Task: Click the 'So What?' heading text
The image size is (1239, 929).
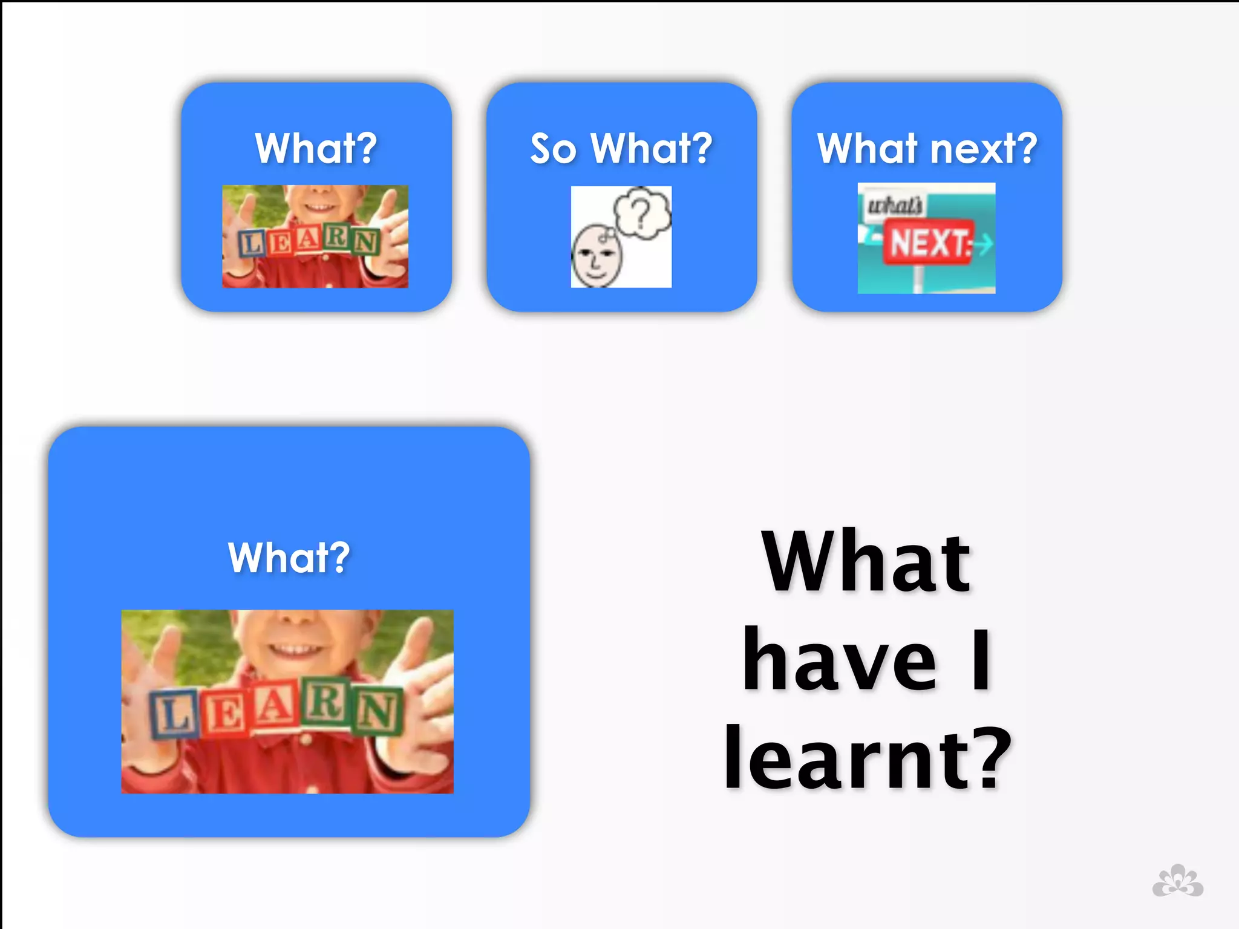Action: (621, 148)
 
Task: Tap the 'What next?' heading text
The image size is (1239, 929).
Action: (927, 148)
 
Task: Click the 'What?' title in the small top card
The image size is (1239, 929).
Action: (316, 148)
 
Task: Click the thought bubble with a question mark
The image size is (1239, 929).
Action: (642, 212)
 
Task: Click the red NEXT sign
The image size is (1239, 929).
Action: (928, 243)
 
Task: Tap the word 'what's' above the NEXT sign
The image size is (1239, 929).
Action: (894, 205)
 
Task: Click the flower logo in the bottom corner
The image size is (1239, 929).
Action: (1177, 881)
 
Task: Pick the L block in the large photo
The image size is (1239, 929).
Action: (173, 715)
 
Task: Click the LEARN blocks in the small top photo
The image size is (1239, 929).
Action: (309, 241)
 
